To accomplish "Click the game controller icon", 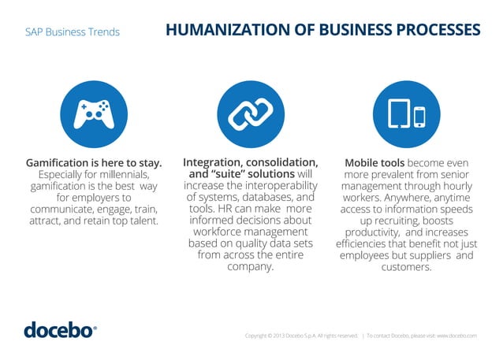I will (x=94, y=114).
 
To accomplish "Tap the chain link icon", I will (x=251, y=114).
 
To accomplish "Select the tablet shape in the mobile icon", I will (x=401, y=114).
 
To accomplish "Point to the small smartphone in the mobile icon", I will (x=419, y=117).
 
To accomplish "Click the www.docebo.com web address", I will (x=456, y=336).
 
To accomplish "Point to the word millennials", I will (x=129, y=174).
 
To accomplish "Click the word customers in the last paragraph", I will (x=406, y=267).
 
